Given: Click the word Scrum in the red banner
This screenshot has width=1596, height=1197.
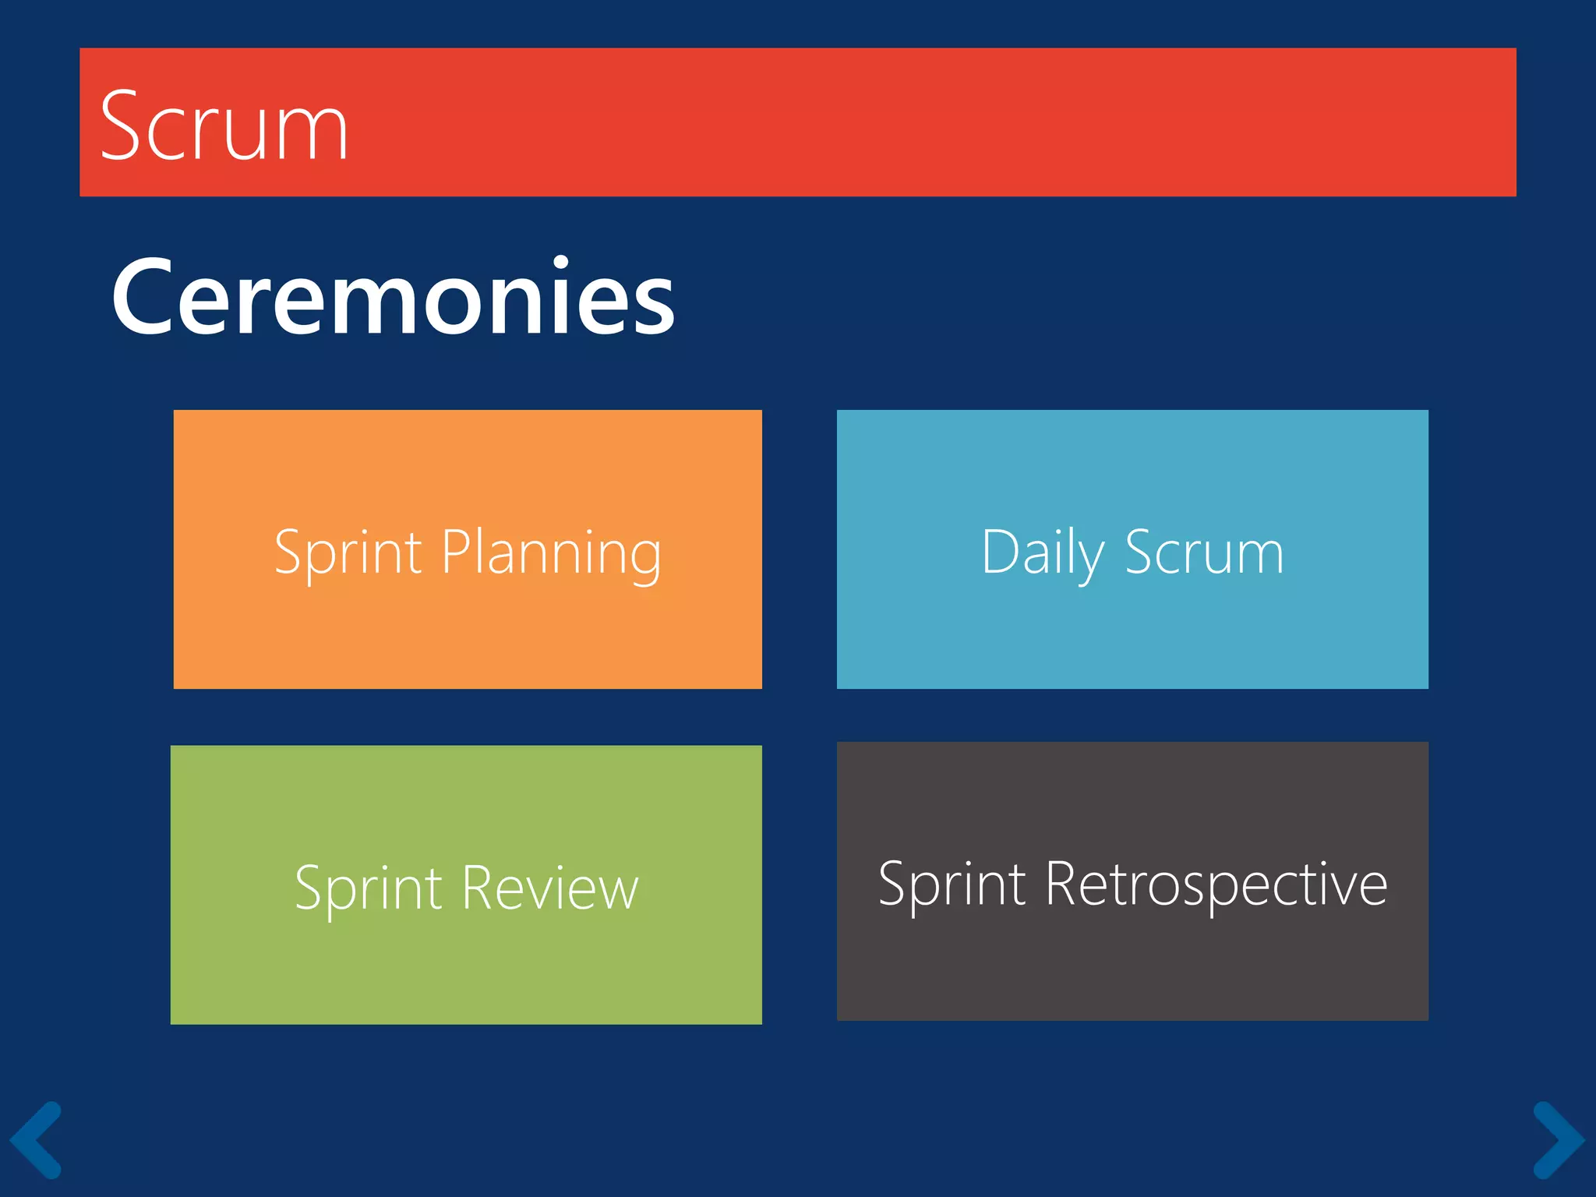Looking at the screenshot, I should click(224, 126).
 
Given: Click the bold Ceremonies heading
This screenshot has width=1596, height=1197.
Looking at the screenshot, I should click(394, 298).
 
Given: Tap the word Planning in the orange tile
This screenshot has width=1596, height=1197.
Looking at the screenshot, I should click(552, 553).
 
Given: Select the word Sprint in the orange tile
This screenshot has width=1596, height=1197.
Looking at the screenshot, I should click(348, 553).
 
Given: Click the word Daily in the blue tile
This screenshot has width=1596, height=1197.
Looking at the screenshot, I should click(1043, 553).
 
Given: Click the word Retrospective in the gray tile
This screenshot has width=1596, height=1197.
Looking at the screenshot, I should click(1216, 885).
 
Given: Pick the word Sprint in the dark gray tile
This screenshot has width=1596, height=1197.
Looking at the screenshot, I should click(952, 885).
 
